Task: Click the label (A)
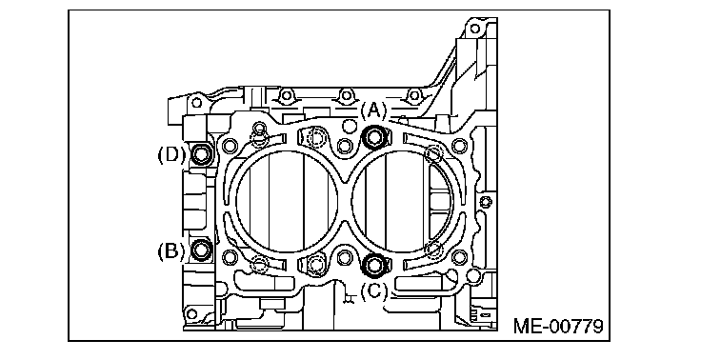click(x=373, y=110)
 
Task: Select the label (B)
click(x=170, y=250)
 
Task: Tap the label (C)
click(x=373, y=292)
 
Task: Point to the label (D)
click(x=170, y=154)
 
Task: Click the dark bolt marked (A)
click(x=374, y=137)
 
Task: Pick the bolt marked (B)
click(x=201, y=250)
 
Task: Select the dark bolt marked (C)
click(x=373, y=265)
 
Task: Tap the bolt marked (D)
click(x=201, y=154)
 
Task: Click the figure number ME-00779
click(x=558, y=326)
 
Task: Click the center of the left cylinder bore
click(x=287, y=200)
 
